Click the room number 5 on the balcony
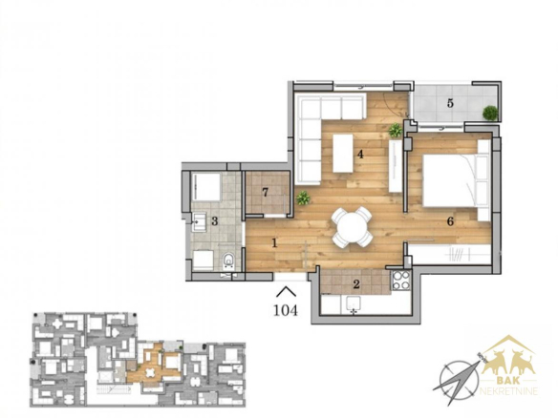(450, 103)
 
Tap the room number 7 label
(265, 192)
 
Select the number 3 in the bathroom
(214, 221)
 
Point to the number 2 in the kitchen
(356, 284)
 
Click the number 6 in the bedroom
(450, 221)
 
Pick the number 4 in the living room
(360, 155)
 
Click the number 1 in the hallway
(274, 243)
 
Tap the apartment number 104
(286, 310)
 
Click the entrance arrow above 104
(286, 291)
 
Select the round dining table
(352, 227)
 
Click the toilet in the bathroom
(228, 260)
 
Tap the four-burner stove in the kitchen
(401, 280)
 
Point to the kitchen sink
(354, 304)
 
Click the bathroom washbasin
(199, 222)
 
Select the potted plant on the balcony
(490, 113)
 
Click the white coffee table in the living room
(343, 154)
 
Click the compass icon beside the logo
(459, 379)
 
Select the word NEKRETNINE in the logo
(508, 391)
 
